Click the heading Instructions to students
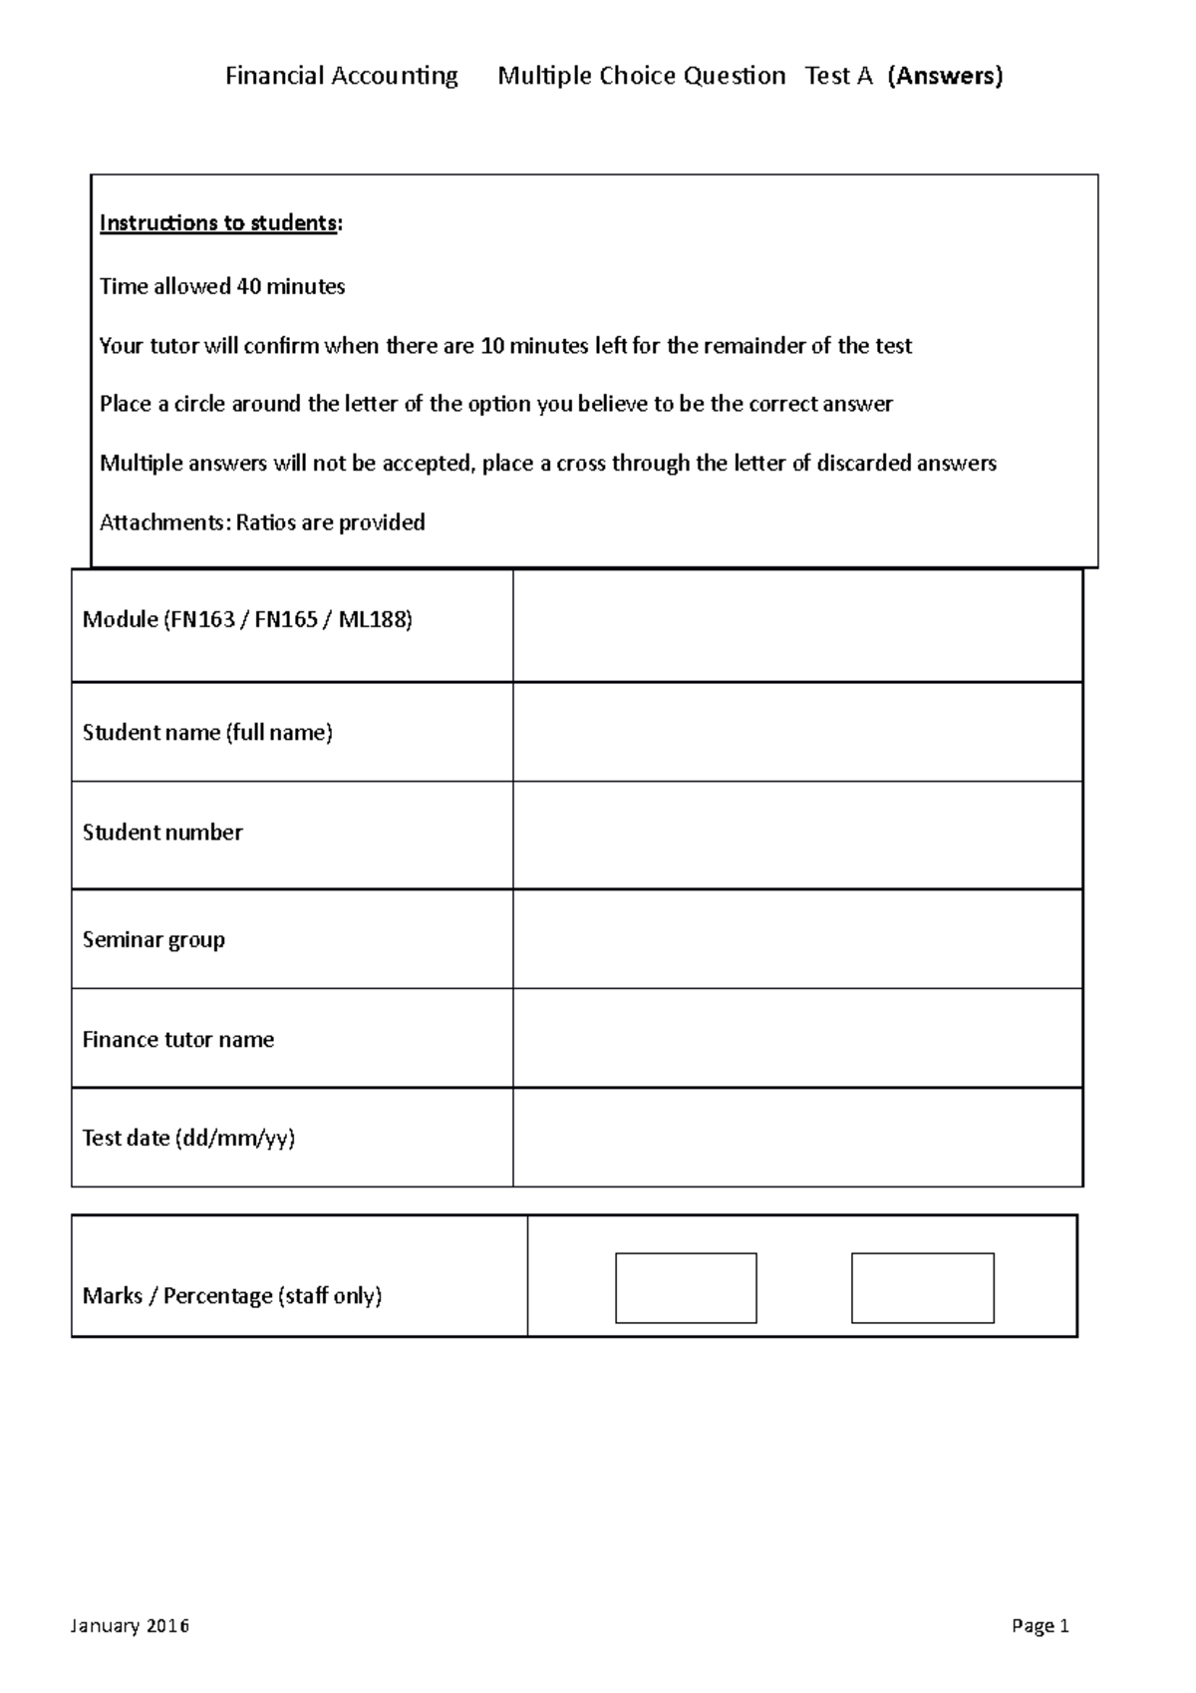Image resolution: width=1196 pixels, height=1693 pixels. tap(219, 222)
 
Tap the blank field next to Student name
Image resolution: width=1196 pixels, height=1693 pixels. tap(797, 732)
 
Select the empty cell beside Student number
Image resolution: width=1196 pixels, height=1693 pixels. tap(797, 835)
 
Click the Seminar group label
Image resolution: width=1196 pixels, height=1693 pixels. tap(153, 939)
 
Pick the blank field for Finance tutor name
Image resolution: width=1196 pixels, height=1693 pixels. tap(797, 1038)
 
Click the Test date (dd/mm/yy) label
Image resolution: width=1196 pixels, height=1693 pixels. tap(188, 1138)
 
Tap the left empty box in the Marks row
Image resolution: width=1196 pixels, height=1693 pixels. tap(686, 1287)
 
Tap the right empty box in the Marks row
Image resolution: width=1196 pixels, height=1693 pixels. tap(922, 1287)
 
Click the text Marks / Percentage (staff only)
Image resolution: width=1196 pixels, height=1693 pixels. tap(232, 1296)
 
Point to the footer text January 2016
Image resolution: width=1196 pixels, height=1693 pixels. tap(130, 1626)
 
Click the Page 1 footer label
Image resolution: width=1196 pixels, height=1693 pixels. tap(1040, 1626)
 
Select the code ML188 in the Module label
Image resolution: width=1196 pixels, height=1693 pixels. tap(373, 620)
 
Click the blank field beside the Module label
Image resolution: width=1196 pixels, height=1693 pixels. tap(797, 625)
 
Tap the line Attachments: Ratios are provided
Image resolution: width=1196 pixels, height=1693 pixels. tap(262, 522)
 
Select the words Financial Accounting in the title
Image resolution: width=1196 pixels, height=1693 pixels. tap(341, 76)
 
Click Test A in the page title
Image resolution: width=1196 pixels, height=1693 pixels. tap(838, 76)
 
